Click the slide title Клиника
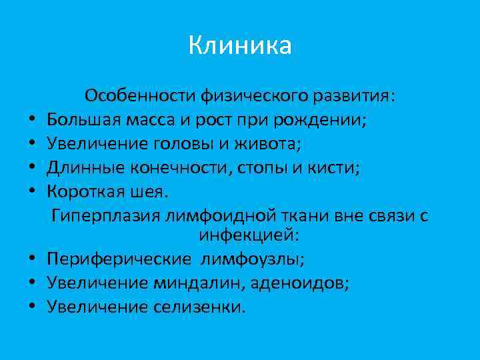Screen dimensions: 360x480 pos(240,46)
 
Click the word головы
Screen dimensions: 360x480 pos(191,145)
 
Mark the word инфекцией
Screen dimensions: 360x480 pos(248,235)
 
